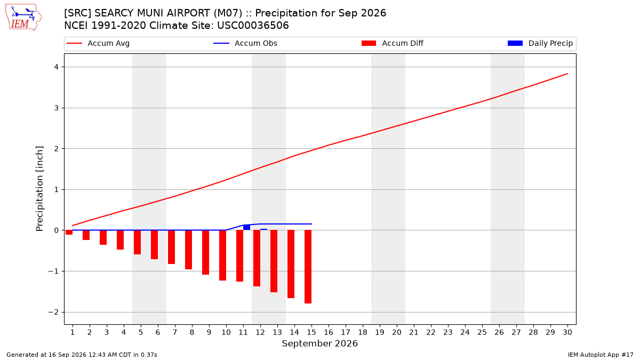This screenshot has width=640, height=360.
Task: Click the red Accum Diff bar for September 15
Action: (x=308, y=267)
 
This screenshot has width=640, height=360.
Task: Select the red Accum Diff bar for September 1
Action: (x=69, y=233)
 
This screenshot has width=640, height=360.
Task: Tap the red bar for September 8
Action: (x=189, y=250)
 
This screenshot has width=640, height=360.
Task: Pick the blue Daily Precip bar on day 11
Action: (x=246, y=227)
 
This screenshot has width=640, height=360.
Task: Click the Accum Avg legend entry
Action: (x=98, y=43)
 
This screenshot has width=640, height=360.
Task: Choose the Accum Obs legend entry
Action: (x=245, y=43)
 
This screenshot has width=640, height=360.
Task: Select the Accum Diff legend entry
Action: (x=393, y=43)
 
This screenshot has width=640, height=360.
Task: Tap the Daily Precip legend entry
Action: (x=540, y=43)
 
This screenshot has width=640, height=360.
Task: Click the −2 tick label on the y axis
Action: (x=53, y=313)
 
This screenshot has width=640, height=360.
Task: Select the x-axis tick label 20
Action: (x=397, y=332)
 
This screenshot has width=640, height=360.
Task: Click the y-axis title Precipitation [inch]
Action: (x=39, y=189)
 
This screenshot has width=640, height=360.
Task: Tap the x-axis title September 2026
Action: (x=319, y=343)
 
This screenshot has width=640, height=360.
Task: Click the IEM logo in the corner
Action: (x=23, y=18)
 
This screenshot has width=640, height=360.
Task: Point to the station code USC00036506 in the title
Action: (x=253, y=26)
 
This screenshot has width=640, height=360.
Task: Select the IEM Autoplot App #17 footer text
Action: (x=601, y=355)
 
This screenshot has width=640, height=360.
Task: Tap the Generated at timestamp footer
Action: (x=82, y=355)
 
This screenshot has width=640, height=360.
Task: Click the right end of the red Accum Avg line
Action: (x=567, y=74)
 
